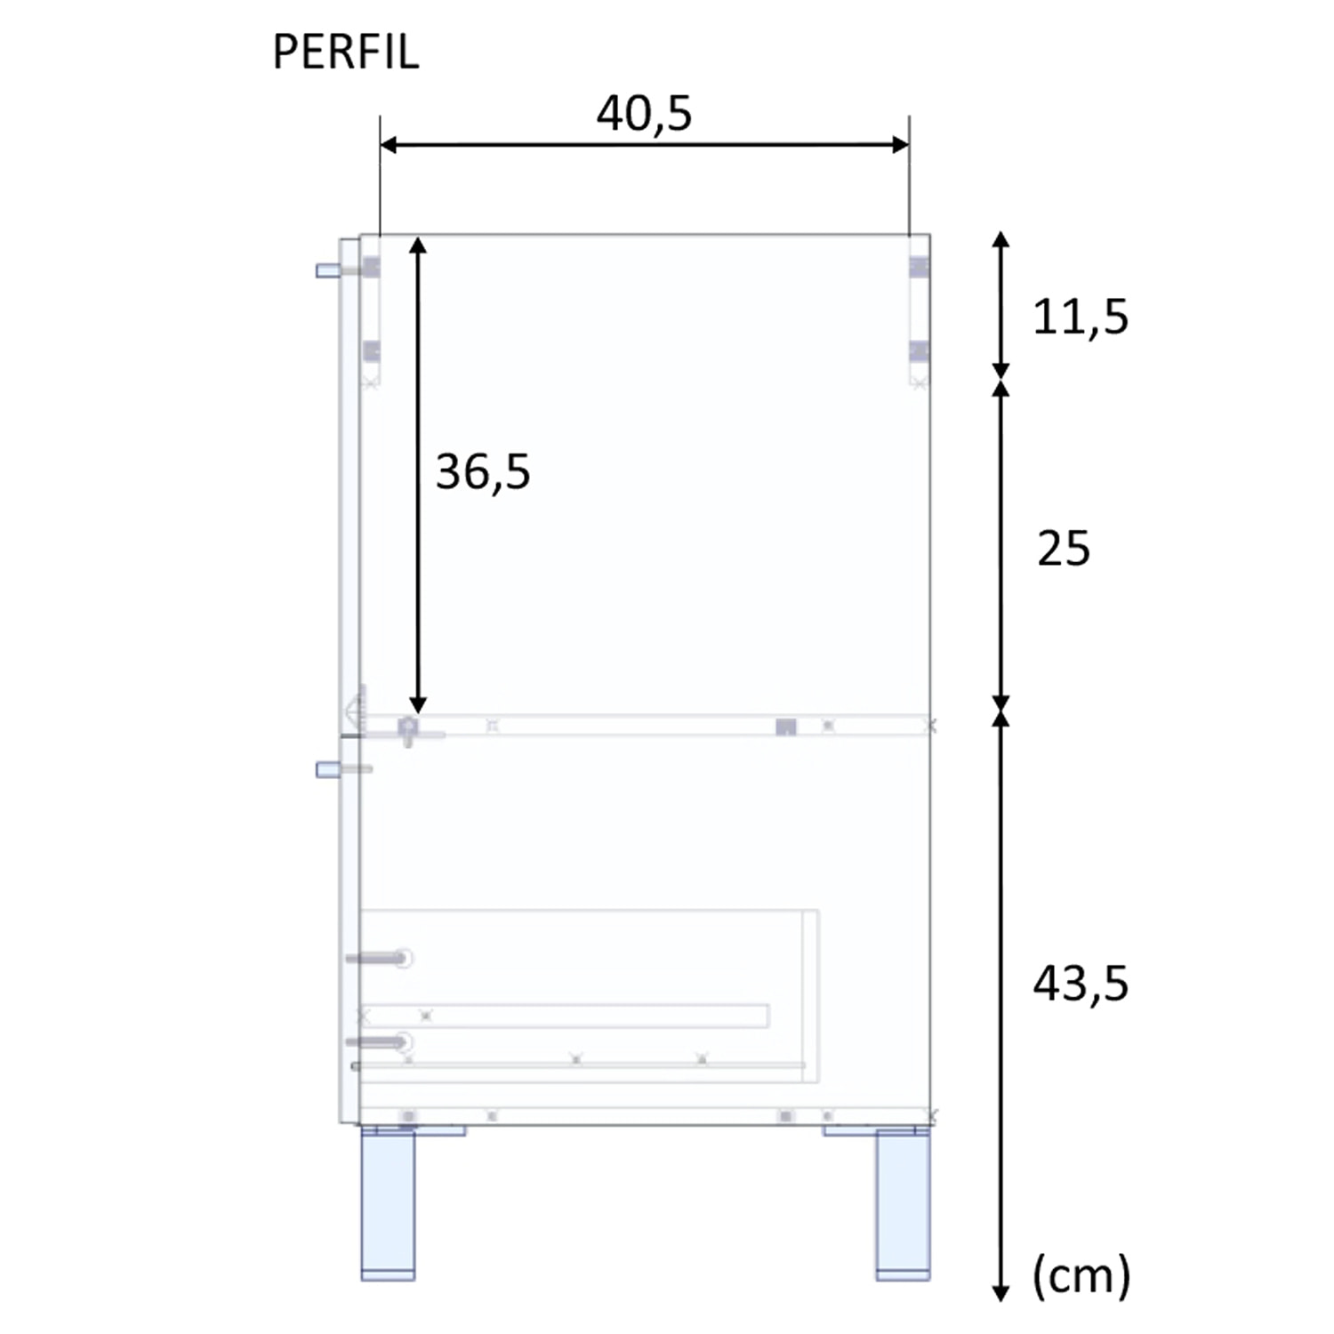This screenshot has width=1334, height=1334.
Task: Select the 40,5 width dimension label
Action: click(x=644, y=114)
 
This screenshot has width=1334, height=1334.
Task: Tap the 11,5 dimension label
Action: click(x=1080, y=317)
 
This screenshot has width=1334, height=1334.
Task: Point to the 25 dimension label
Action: click(x=1063, y=549)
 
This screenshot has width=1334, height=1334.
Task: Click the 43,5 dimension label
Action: click(x=1080, y=984)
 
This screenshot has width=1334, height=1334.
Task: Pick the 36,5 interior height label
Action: click(x=482, y=471)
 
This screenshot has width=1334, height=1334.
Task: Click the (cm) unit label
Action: click(x=1081, y=1275)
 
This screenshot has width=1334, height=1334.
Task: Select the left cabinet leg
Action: click(x=388, y=1205)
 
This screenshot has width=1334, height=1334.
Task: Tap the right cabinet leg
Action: click(x=903, y=1205)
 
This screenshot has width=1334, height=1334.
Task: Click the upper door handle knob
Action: click(x=326, y=270)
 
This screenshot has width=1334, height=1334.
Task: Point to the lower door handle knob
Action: click(x=326, y=769)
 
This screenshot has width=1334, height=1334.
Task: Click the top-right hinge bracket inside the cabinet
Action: click(x=919, y=267)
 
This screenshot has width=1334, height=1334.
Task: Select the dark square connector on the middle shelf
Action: click(x=785, y=727)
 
